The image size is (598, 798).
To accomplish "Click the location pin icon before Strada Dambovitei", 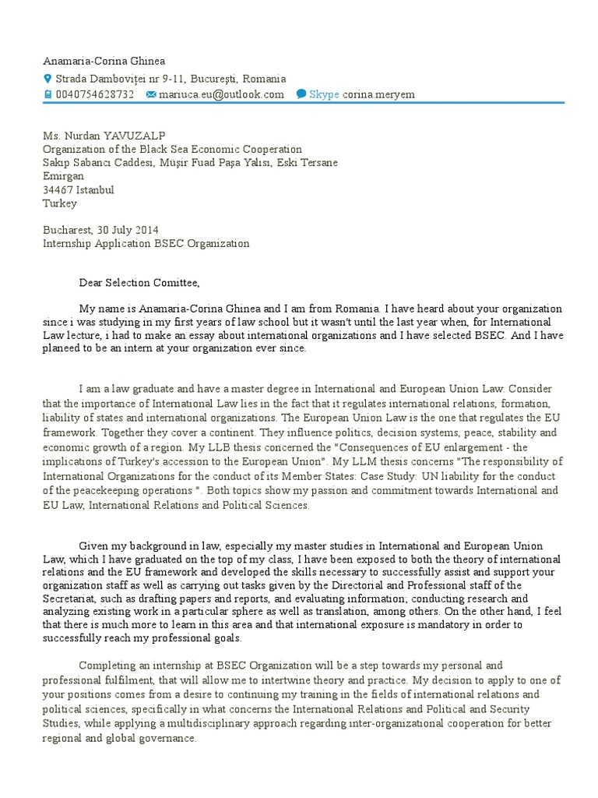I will (47, 79).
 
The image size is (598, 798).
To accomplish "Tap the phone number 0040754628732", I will (94, 94).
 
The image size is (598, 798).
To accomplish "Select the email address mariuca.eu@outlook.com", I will (221, 94).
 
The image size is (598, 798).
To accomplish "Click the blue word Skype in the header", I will (324, 94).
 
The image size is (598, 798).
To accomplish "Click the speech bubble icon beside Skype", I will (301, 94).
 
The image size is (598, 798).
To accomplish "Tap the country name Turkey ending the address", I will (59, 203).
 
